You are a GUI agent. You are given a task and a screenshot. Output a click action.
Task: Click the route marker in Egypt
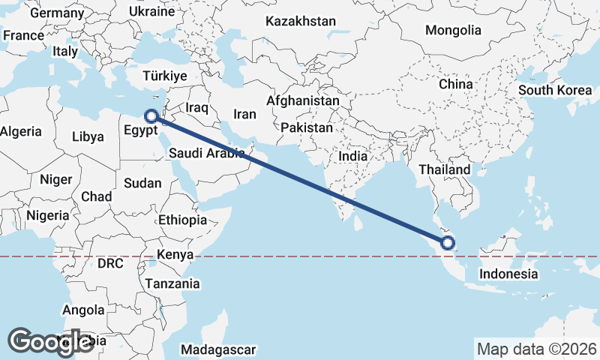[151, 116]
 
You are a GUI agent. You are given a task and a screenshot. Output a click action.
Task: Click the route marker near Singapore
[448, 242]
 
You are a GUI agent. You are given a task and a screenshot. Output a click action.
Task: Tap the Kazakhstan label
[300, 22]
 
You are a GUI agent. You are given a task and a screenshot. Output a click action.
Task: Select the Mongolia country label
[452, 31]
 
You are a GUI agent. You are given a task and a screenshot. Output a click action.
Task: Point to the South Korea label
[555, 90]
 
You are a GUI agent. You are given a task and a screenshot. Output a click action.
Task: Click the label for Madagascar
[219, 349]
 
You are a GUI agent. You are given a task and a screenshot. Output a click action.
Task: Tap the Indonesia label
[509, 274]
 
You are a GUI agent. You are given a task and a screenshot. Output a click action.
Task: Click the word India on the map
[353, 156]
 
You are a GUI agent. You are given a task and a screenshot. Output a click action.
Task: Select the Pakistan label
[307, 128]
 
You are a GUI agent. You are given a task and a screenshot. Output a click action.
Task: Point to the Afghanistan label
[303, 100]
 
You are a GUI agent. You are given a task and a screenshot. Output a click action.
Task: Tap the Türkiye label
[165, 76]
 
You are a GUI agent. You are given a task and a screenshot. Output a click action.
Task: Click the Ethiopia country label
[182, 220]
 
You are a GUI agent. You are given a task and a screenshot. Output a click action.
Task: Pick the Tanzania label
[173, 283]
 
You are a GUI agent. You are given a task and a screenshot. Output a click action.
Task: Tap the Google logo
[50, 341]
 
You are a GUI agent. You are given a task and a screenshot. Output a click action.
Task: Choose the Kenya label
[175, 255]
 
